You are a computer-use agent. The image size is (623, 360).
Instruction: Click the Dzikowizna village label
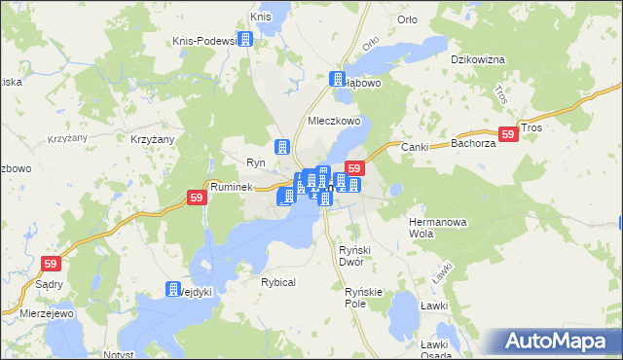477,59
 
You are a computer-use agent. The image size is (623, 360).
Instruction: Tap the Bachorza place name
473,144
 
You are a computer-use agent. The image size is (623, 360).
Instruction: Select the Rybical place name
277,281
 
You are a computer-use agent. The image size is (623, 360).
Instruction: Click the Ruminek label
232,186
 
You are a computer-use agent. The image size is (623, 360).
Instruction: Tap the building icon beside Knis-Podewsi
245,39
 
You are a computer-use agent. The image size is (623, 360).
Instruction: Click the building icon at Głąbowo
338,80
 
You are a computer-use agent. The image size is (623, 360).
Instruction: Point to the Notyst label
118,354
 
